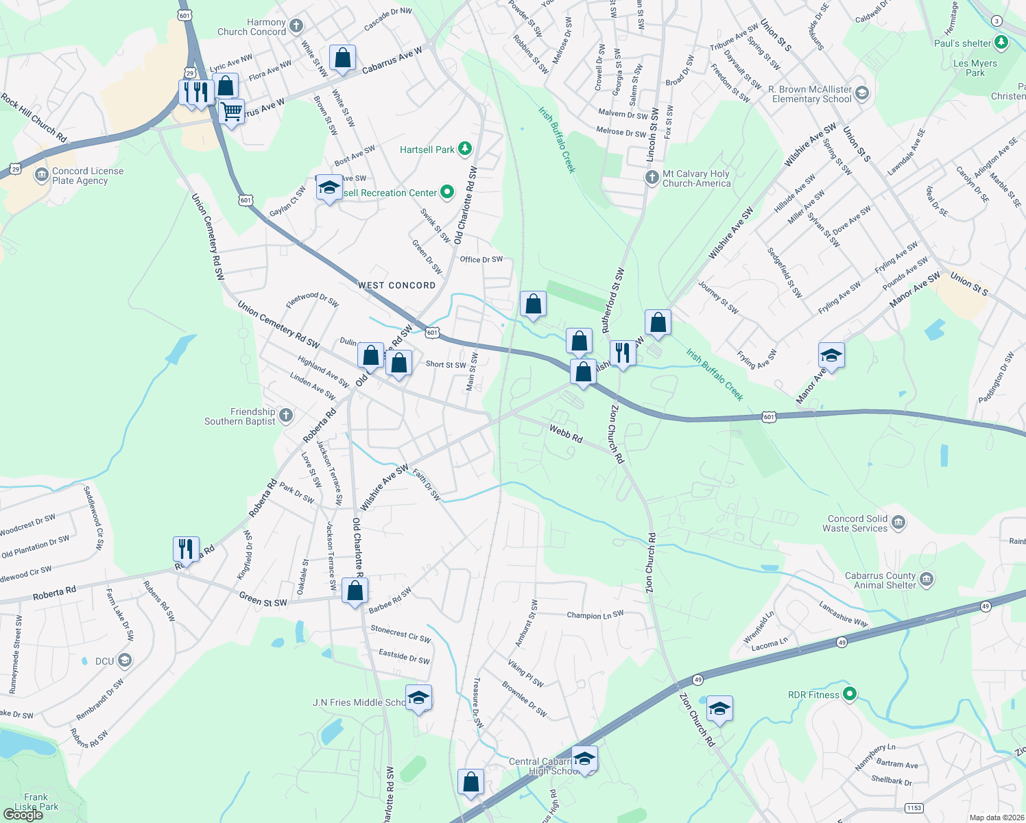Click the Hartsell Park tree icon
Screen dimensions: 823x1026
465,149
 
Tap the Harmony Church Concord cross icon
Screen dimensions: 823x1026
296,27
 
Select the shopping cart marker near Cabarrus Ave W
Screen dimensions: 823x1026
232,111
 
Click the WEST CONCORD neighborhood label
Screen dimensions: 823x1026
396,285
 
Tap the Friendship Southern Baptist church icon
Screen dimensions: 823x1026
286,416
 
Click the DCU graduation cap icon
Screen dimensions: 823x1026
124,660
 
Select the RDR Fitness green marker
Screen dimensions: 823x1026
850,694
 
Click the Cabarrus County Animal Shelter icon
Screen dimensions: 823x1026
927,580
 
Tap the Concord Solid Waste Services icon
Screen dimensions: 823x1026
898,523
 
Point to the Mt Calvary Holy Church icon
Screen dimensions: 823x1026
652,178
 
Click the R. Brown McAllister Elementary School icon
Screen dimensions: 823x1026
862,93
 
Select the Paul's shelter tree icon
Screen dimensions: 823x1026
1001,43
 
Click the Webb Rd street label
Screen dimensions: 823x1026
566,433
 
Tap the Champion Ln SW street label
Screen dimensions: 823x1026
595,615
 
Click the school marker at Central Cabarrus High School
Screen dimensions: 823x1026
584,759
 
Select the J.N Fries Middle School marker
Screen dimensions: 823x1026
418,698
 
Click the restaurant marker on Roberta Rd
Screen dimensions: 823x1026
186,549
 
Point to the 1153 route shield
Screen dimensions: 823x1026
913,808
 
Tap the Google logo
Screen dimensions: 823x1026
23,815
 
